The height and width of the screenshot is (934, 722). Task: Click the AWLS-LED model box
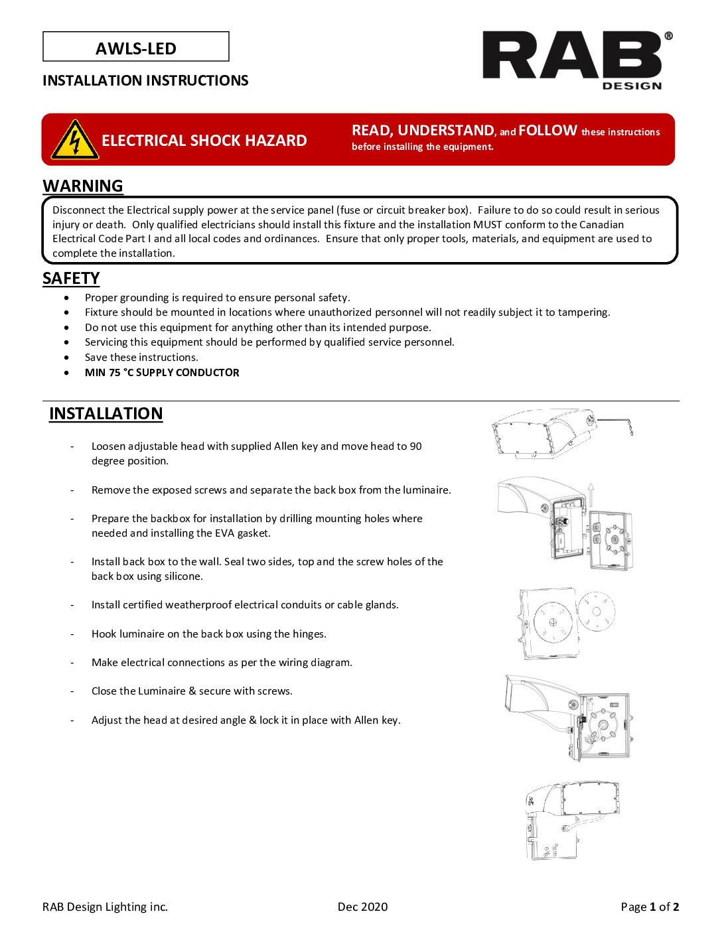(x=136, y=47)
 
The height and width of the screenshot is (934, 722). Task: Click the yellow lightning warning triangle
(x=75, y=141)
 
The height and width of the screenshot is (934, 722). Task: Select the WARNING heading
(x=83, y=186)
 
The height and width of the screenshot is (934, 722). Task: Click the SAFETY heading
(x=71, y=279)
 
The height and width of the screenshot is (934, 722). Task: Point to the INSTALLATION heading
(x=106, y=413)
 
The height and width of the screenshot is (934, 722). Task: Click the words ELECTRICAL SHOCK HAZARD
(x=204, y=141)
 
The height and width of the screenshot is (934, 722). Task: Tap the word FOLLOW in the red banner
(x=547, y=131)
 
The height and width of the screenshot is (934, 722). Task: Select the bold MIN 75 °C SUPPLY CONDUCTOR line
(x=162, y=373)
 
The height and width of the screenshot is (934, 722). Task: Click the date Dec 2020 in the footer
(x=362, y=907)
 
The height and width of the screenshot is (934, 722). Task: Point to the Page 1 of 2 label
(x=650, y=907)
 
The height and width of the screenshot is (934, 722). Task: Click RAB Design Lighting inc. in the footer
(x=105, y=907)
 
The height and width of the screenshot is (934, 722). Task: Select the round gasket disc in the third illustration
(x=596, y=612)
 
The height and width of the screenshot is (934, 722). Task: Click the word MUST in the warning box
(x=487, y=225)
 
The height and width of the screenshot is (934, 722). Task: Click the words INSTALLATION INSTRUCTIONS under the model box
(x=145, y=80)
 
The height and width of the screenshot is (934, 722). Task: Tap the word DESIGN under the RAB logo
(x=632, y=86)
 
